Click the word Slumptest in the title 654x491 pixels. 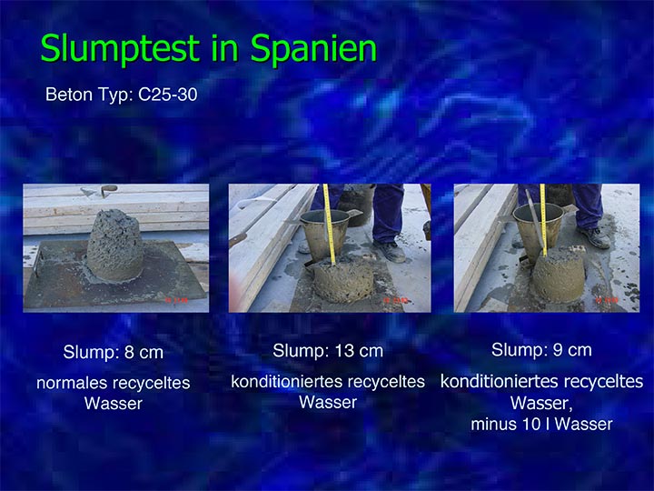click(120, 49)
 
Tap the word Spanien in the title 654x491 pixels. click(313, 49)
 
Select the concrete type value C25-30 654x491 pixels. click(168, 95)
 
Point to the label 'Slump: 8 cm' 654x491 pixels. click(113, 353)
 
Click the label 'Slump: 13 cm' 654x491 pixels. click(328, 351)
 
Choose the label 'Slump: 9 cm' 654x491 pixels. click(541, 350)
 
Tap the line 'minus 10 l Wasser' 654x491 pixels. click(541, 425)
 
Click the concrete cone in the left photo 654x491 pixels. click(115, 245)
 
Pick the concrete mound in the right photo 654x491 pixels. click(559, 276)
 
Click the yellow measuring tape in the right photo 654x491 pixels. click(543, 220)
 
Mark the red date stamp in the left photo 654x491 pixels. click(176, 300)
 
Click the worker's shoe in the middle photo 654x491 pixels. click(390, 251)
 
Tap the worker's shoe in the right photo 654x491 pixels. click(594, 237)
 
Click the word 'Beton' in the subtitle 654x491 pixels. click(69, 95)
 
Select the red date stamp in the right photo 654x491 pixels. click(607, 300)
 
